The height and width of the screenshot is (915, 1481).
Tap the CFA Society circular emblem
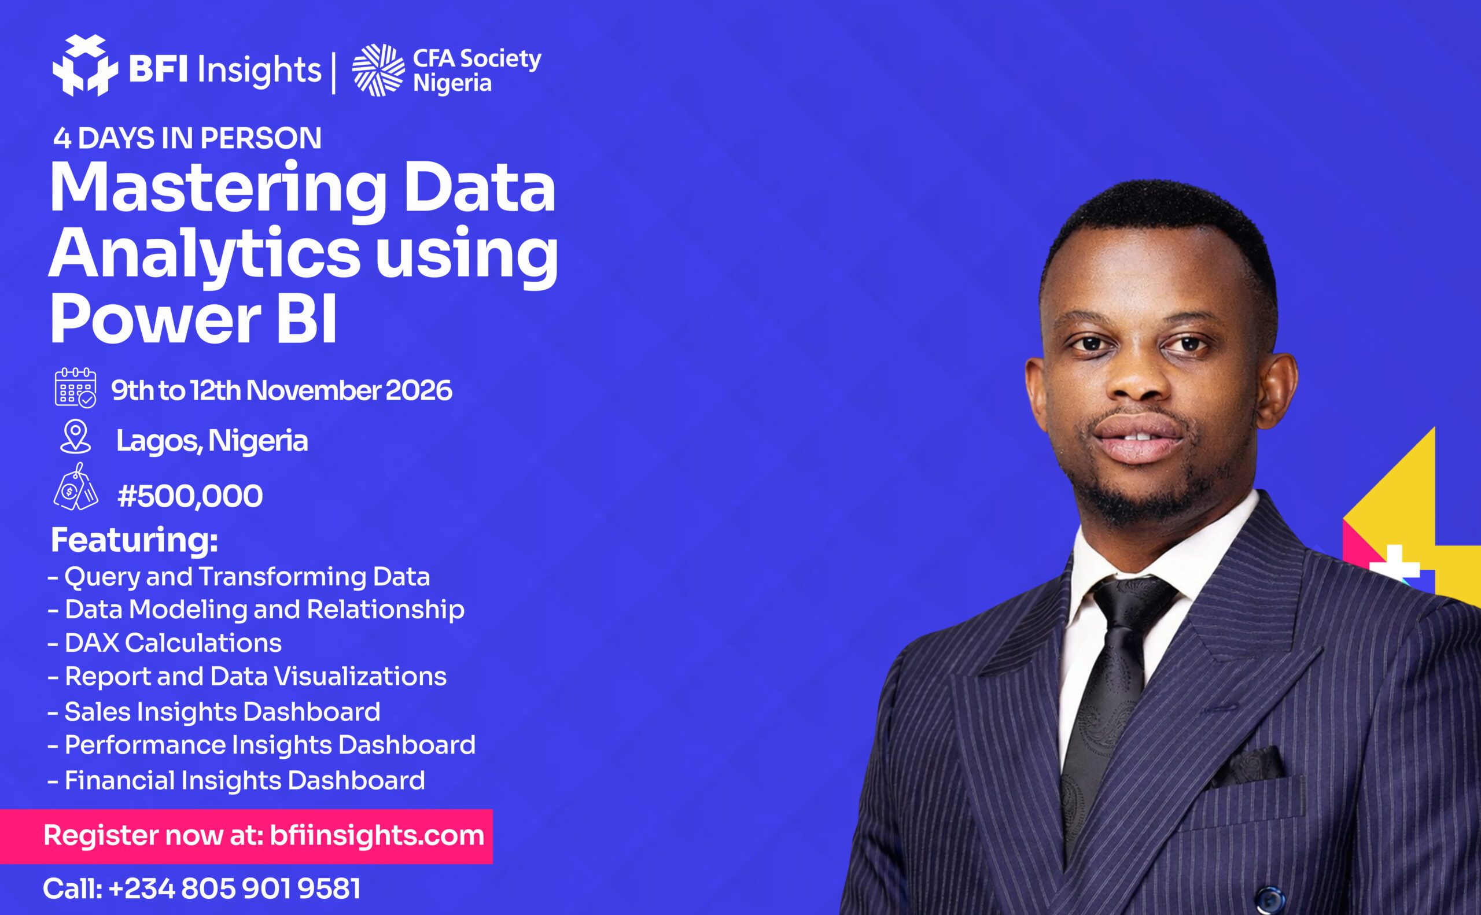(379, 70)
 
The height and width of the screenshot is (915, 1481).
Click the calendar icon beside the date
(76, 388)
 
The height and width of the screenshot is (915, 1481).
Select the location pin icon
(76, 437)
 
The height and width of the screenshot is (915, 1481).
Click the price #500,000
(190, 496)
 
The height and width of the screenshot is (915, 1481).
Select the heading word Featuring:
(134, 540)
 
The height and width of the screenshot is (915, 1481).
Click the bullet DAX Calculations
(165, 643)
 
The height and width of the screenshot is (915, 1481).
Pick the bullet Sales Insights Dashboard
(213, 711)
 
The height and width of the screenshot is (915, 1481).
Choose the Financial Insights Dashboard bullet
(236, 780)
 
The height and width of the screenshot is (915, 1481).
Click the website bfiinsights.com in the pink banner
(377, 835)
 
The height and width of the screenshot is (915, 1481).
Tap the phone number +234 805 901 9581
(235, 889)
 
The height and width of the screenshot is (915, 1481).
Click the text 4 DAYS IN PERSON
(187, 139)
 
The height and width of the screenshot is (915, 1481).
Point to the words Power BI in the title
(194, 318)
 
